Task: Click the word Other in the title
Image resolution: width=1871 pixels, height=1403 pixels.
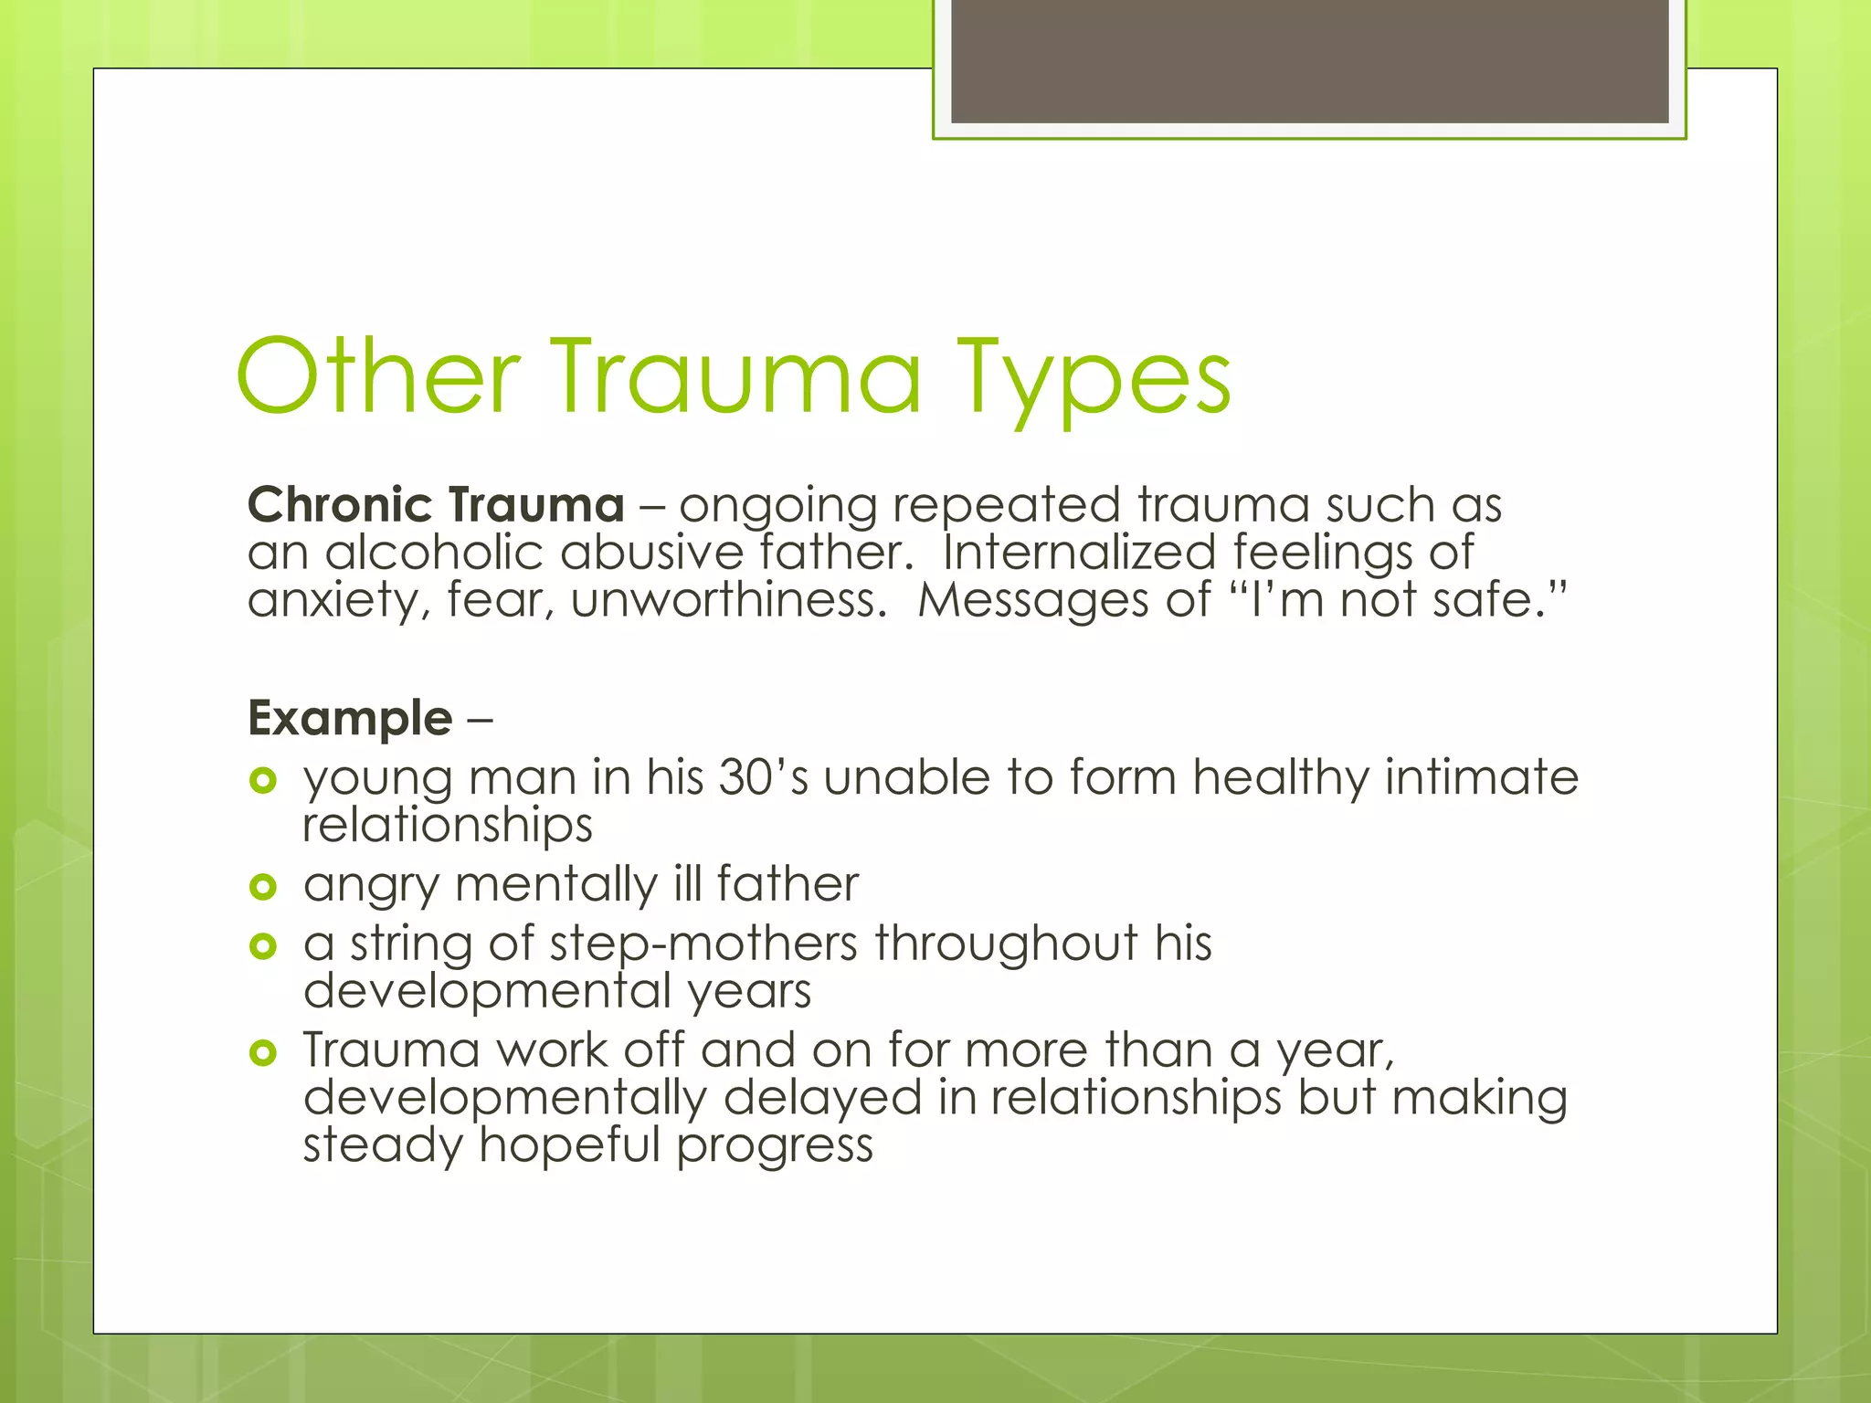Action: click(x=377, y=377)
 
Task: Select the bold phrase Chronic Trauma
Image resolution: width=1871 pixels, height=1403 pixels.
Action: click(x=436, y=505)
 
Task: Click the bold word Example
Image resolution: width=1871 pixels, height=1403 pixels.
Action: click(x=350, y=718)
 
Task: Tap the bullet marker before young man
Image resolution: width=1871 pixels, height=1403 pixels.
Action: click(x=262, y=780)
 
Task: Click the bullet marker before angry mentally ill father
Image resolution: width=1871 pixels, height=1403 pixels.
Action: click(x=262, y=886)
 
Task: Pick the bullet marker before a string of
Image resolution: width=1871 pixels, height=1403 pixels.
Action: click(x=262, y=945)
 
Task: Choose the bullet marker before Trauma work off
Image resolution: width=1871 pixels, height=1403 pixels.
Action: click(x=262, y=1053)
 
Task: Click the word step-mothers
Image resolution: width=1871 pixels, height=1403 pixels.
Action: click(x=703, y=944)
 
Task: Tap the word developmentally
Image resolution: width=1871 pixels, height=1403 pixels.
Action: click(x=504, y=1097)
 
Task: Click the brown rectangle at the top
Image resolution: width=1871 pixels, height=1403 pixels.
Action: click(x=1309, y=60)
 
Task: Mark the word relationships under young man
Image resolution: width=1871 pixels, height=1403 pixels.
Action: click(x=448, y=825)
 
